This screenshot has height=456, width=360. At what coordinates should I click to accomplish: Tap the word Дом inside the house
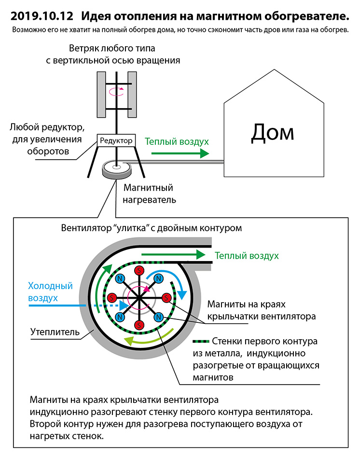[x=273, y=131]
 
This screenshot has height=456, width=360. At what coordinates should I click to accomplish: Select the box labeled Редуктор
[x=115, y=141]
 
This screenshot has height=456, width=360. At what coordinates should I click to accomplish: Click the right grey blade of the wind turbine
[x=133, y=94]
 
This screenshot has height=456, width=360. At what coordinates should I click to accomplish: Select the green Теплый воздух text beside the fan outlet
[x=247, y=255]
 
